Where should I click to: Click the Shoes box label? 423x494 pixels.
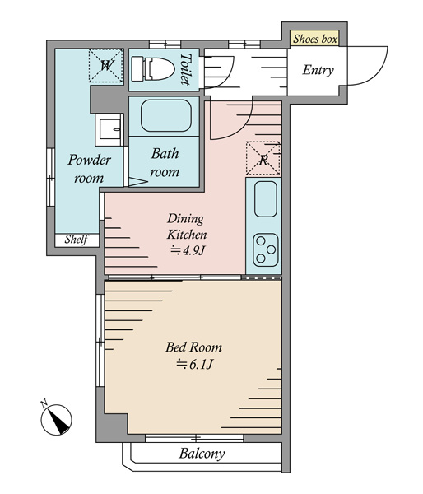[315, 39]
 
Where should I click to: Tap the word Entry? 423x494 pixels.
[318, 70]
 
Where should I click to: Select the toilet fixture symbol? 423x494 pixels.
[153, 68]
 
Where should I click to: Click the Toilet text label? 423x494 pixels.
[187, 69]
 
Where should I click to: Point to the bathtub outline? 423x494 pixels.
[166, 115]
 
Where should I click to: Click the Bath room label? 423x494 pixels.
[165, 162]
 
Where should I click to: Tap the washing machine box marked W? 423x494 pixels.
[106, 66]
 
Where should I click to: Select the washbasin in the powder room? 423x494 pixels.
[109, 129]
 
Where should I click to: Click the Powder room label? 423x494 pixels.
[89, 169]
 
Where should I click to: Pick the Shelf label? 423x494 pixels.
[76, 240]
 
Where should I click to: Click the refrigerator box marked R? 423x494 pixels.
[263, 158]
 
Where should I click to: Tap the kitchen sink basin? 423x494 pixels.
[266, 199]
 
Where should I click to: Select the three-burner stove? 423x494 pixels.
[266, 250]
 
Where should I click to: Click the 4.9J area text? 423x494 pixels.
[188, 250]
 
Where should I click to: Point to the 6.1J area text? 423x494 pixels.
[195, 364]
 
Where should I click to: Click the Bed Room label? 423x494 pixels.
[193, 347]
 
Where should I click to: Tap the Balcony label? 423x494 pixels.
[202, 454]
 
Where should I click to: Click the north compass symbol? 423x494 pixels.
[56, 418]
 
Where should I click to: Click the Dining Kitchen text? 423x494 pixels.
[187, 227]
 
